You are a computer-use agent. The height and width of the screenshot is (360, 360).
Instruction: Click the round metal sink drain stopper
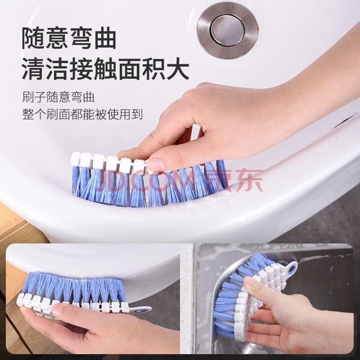227,30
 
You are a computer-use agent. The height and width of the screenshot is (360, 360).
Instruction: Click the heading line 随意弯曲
69,38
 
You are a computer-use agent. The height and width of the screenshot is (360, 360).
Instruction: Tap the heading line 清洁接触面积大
105,69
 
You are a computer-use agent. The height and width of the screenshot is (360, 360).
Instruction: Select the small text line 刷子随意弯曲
58,97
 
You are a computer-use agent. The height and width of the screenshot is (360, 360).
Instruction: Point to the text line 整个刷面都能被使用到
82,114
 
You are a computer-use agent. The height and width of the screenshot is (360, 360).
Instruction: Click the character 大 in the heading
178,69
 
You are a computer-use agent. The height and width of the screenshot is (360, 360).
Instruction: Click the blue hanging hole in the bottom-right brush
293,267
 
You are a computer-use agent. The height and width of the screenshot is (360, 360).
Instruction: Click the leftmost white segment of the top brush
75,159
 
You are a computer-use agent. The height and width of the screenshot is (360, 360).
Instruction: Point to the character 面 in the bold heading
130,69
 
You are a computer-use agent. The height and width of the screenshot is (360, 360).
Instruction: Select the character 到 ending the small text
137,114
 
